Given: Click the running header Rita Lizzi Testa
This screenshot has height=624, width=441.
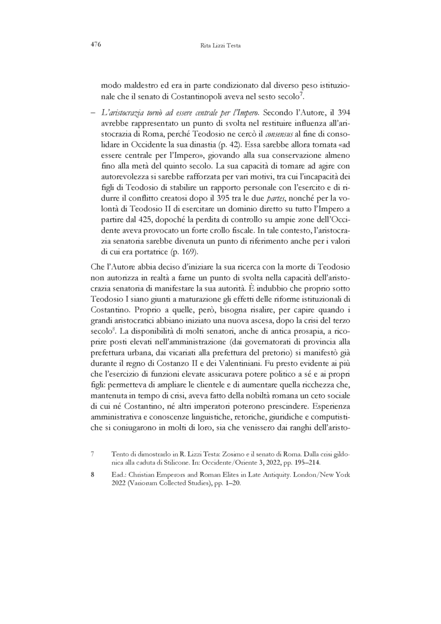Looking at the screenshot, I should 220,46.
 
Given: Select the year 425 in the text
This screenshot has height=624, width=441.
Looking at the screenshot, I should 137,223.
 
